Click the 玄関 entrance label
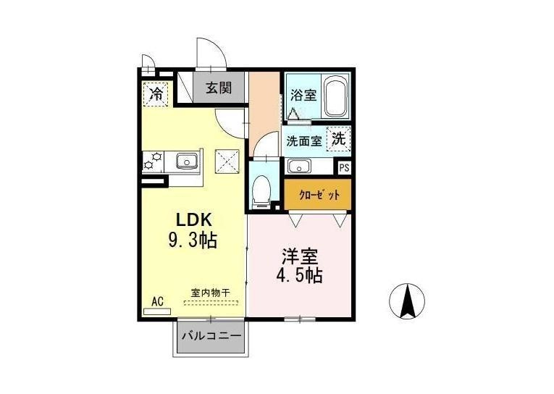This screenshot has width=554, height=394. pos(219,88)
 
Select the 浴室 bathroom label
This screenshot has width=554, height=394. pos(303,95)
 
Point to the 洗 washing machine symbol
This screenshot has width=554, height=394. pos(338,138)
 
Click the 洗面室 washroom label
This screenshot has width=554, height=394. pos(304,141)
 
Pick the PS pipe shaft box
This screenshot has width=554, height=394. pos(344,167)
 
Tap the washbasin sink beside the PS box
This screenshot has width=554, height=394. pos(299,166)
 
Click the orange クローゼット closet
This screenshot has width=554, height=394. pos(318,195)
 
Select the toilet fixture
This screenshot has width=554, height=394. pos(262,191)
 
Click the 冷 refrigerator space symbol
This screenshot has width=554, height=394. pos(156,94)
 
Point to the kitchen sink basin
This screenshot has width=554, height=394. pos(187,161)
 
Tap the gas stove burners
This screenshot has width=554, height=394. pos(153,161)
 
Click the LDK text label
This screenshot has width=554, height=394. pos(194,220)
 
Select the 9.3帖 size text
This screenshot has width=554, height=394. pos(193,240)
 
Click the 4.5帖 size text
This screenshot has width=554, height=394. pos(299,276)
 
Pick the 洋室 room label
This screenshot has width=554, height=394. pos(300,257)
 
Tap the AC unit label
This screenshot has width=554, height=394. pos(158,301)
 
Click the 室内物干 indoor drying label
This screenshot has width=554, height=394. pos(211,293)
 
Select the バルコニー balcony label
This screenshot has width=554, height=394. pos(211,335)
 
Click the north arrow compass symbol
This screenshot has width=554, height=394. pos(407,301)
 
